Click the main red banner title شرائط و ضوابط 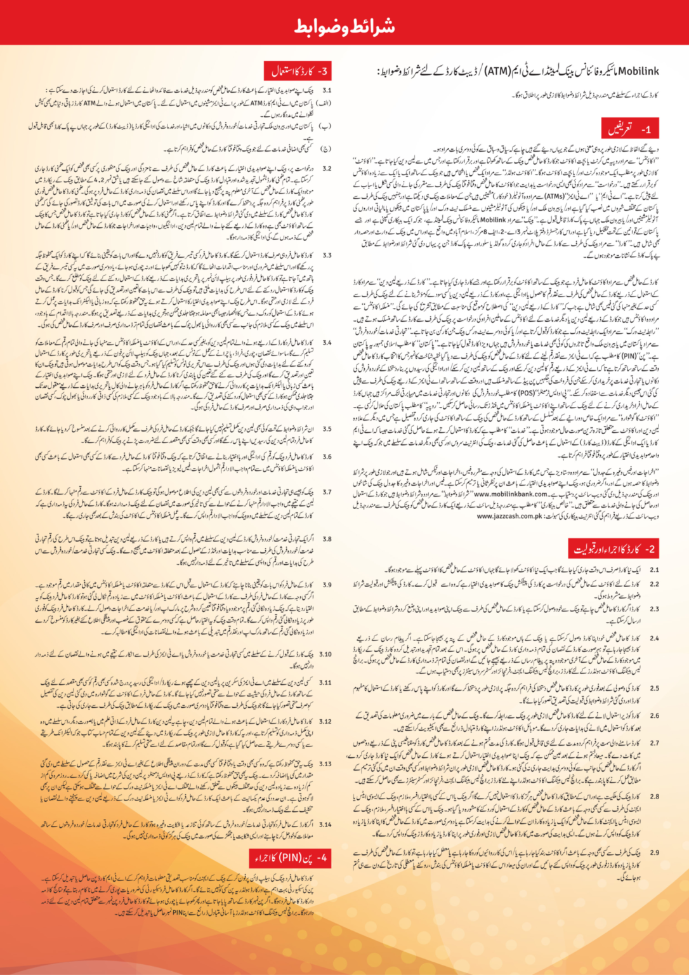pyautogui.click(x=344, y=26)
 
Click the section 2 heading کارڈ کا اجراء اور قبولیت pyautogui.click(x=613, y=549)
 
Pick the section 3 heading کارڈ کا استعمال pyautogui.click(x=297, y=70)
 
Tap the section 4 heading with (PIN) pyautogui.click(x=290, y=859)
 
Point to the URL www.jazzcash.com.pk pyautogui.click(x=511, y=516)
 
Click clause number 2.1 pyautogui.click(x=653, y=570)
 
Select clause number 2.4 pyautogui.click(x=653, y=638)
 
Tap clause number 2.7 pyautogui.click(x=653, y=743)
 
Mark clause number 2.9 pyautogui.click(x=653, y=852)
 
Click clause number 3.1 pyautogui.click(x=326, y=91)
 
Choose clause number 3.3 pyautogui.click(x=326, y=255)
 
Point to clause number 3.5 pyautogui.click(x=326, y=429)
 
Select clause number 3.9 pyautogui.click(x=326, y=585)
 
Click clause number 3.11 pyautogui.click(x=325, y=682)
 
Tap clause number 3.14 pyautogui.click(x=325, y=825)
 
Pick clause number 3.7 pyautogui.click(x=326, y=492)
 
